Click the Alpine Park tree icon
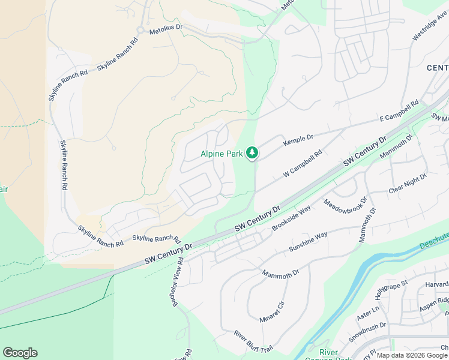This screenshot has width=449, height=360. click(x=253, y=154)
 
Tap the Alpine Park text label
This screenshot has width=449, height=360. click(x=221, y=154)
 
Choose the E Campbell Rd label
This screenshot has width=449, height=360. click(x=399, y=112)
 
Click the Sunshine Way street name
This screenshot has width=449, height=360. click(x=308, y=240)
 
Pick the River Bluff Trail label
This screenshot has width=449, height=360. click(x=253, y=341)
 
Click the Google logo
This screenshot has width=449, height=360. click(x=20, y=353)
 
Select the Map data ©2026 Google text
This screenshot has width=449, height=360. click(x=412, y=355)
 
